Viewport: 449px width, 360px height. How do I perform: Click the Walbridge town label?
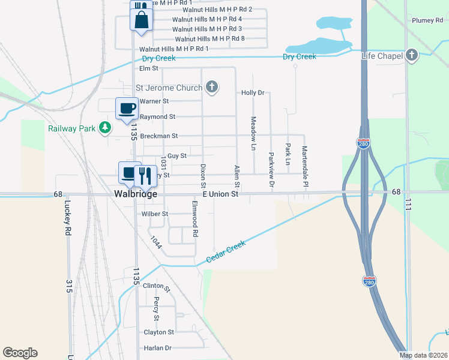pos(136,194)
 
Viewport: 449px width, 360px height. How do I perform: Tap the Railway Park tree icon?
pos(106,127)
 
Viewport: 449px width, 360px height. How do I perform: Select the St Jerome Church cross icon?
pos(211,88)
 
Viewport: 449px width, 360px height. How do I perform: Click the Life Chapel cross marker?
pos(412,56)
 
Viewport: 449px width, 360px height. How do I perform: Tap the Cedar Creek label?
pos(226,251)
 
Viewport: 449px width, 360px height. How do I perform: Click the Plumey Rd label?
pos(427,20)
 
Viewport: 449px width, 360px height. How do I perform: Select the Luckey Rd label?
pos(67,216)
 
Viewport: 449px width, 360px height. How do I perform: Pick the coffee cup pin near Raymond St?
pos(127,109)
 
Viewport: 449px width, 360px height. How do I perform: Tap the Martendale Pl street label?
pos(305,160)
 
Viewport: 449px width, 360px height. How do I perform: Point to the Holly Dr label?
pos(253,93)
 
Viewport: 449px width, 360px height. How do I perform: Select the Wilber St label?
pos(155,214)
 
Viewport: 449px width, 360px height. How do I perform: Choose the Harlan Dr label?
pos(157,348)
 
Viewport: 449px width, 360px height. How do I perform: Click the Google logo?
pos(20,353)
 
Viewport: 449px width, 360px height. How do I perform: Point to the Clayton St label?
pos(158,332)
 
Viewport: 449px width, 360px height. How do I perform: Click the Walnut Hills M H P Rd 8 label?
pos(210,38)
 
